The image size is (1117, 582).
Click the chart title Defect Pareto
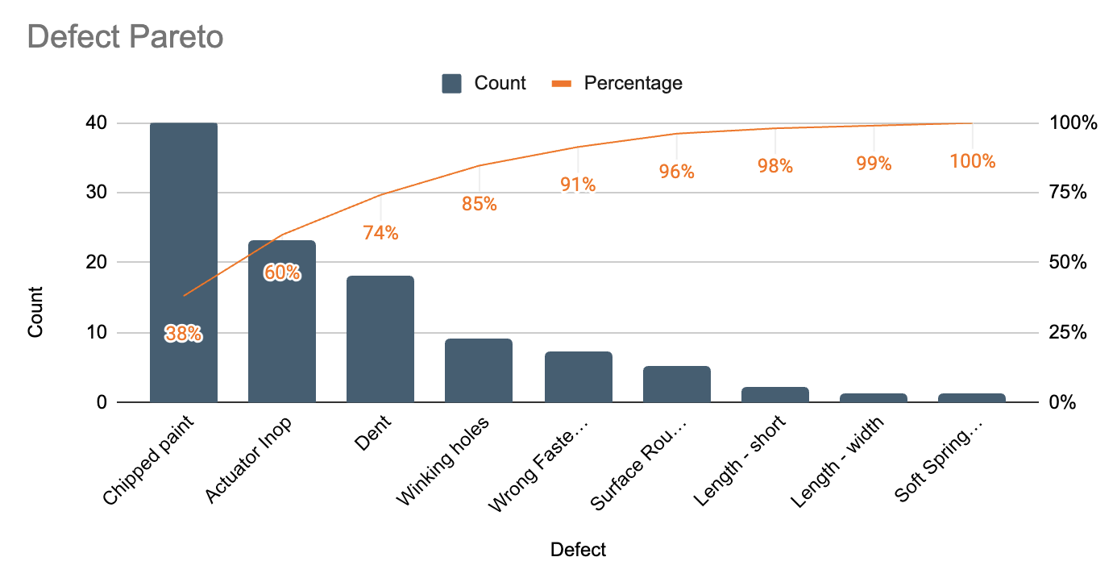coord(125,37)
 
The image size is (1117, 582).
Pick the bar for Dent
coord(380,339)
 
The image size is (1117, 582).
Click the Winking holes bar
coord(479,370)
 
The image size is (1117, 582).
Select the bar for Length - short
coord(774,394)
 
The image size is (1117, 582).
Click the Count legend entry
coord(484,83)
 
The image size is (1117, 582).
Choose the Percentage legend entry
coord(617,83)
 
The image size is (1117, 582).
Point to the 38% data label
coord(184,334)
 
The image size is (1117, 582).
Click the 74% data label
coord(380,233)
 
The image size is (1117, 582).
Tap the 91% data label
coord(578,185)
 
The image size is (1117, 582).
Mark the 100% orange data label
coord(972,161)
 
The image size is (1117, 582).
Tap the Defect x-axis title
coord(578,550)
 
